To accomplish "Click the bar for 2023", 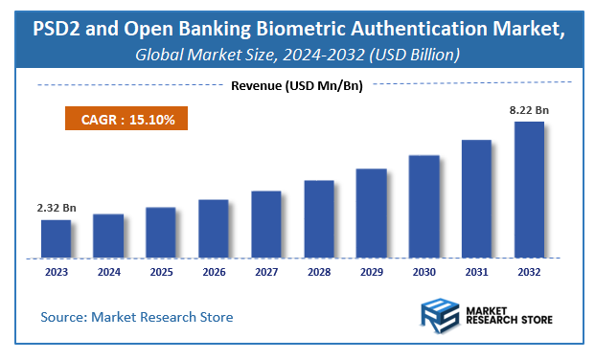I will click(x=56, y=238).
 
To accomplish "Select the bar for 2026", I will click(x=214, y=228).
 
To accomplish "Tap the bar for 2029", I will click(x=372, y=213).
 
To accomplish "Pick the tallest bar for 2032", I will click(x=530, y=190).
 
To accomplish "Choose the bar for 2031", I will click(x=477, y=198).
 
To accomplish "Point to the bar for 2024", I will click(x=108, y=236).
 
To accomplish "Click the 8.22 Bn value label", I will click(x=530, y=110).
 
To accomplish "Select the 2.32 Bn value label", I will click(x=56, y=208).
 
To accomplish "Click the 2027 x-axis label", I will click(x=265, y=273).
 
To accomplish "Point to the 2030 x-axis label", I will click(x=423, y=273).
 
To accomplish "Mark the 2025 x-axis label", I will click(x=160, y=273).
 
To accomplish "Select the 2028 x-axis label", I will click(x=318, y=273).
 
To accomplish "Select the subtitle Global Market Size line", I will click(x=297, y=56).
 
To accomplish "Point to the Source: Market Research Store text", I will click(x=136, y=316).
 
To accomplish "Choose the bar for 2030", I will click(x=424, y=206).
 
